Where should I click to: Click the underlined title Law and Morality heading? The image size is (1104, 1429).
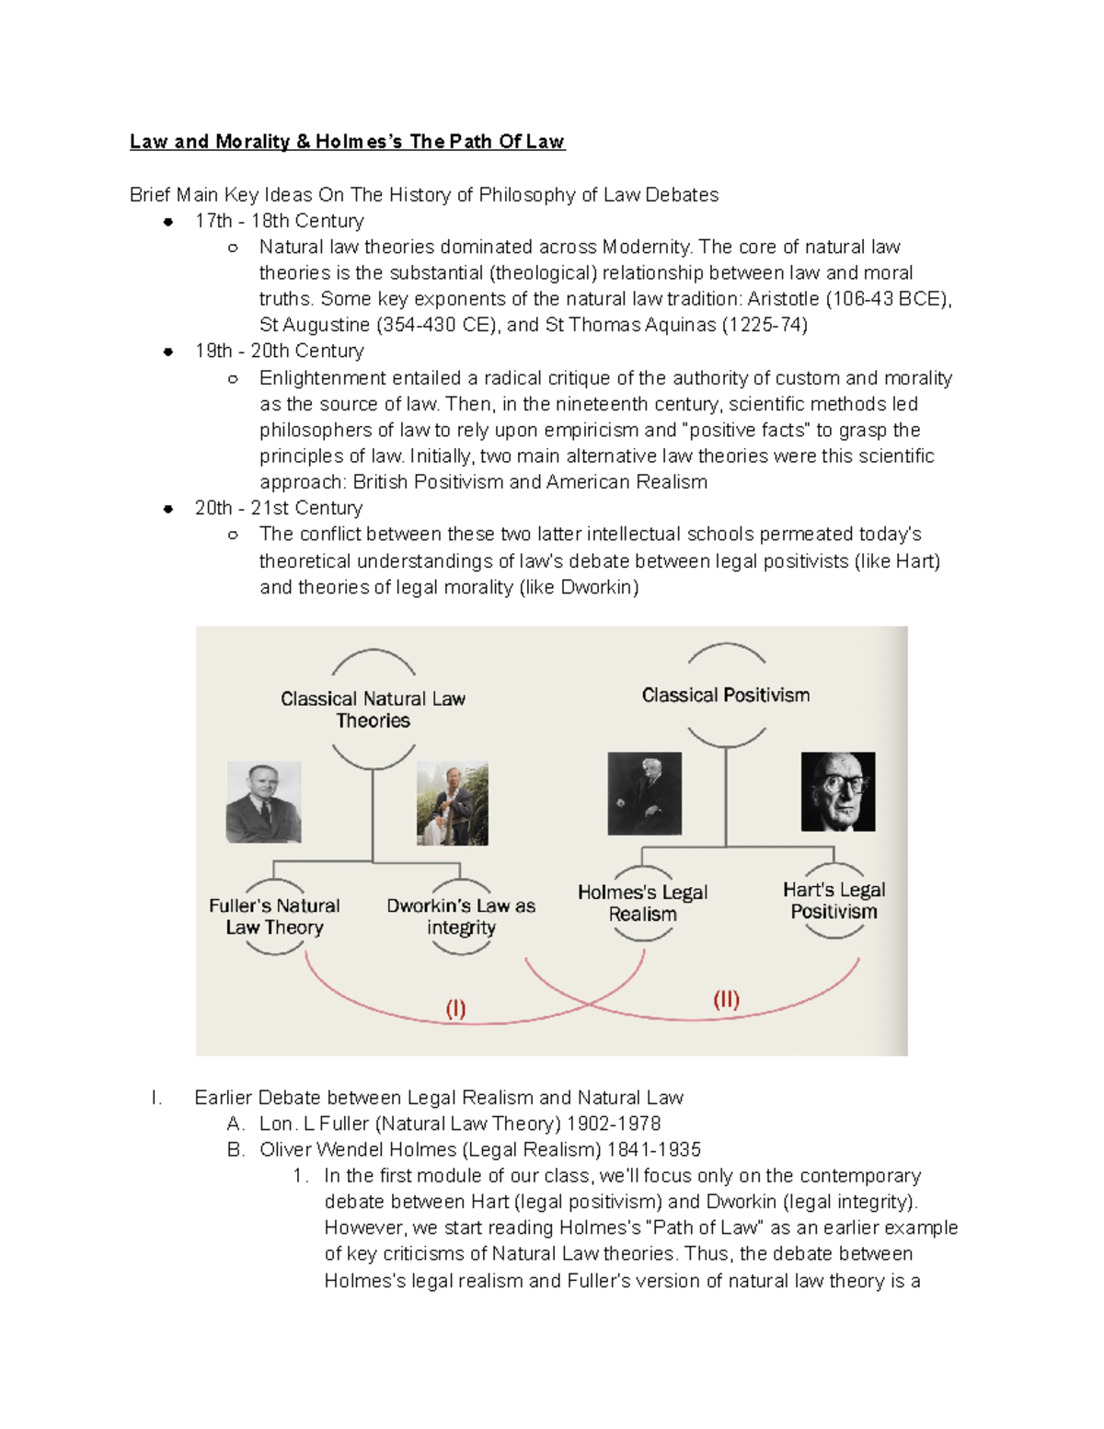347,142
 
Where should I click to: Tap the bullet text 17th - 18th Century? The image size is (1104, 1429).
279,221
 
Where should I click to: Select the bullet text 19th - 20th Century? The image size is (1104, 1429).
279,351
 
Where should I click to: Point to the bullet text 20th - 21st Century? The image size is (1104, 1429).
279,508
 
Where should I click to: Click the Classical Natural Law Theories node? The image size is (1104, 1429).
373,709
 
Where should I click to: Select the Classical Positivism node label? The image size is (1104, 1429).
726,696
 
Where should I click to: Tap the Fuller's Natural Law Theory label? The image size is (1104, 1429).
274,916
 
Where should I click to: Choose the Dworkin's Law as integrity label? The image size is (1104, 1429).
461,916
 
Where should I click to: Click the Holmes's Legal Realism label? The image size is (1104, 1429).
642,903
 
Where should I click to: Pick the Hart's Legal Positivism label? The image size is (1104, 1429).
834,901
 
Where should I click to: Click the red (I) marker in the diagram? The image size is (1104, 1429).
455,1008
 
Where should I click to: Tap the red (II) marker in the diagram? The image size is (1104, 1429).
726,999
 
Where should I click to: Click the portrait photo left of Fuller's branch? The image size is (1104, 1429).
264,802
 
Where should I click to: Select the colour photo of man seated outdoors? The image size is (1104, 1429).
453,803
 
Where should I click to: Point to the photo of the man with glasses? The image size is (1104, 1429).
838,792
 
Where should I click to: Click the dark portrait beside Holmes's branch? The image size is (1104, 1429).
645,793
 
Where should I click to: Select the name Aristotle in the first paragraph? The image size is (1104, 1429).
783,299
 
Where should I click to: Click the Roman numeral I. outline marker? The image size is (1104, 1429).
157,1098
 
